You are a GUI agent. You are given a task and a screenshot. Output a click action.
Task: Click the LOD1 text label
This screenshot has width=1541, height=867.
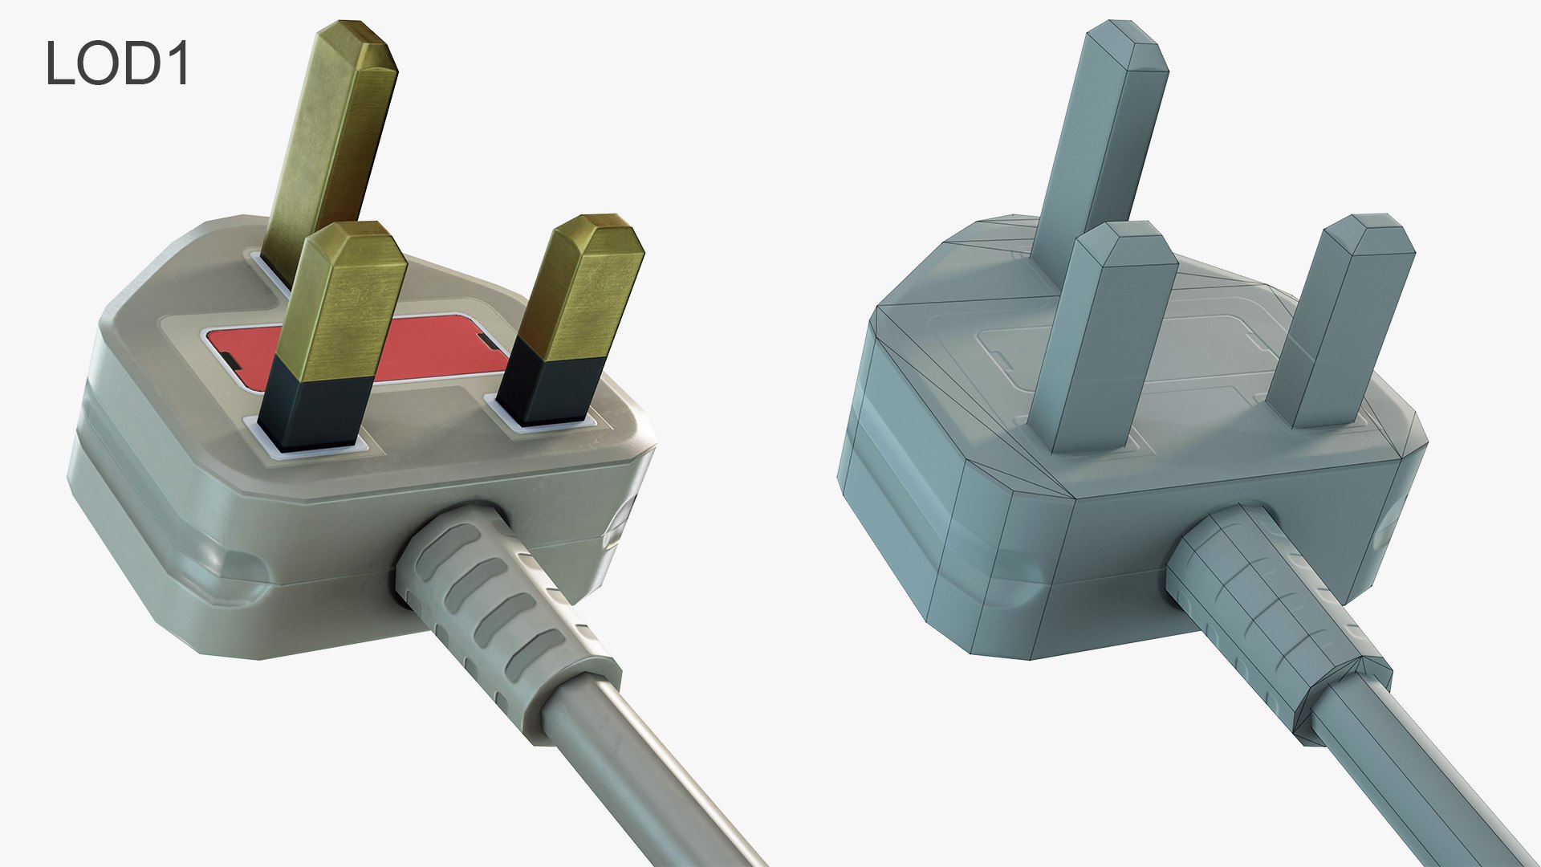coord(117,63)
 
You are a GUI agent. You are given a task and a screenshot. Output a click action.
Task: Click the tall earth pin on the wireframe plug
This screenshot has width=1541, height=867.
coord(1108,128)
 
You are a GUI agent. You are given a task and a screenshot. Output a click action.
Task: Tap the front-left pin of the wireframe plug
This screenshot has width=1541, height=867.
coord(1108,337)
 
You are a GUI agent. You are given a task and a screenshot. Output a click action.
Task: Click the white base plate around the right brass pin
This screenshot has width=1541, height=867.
coord(546,426)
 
